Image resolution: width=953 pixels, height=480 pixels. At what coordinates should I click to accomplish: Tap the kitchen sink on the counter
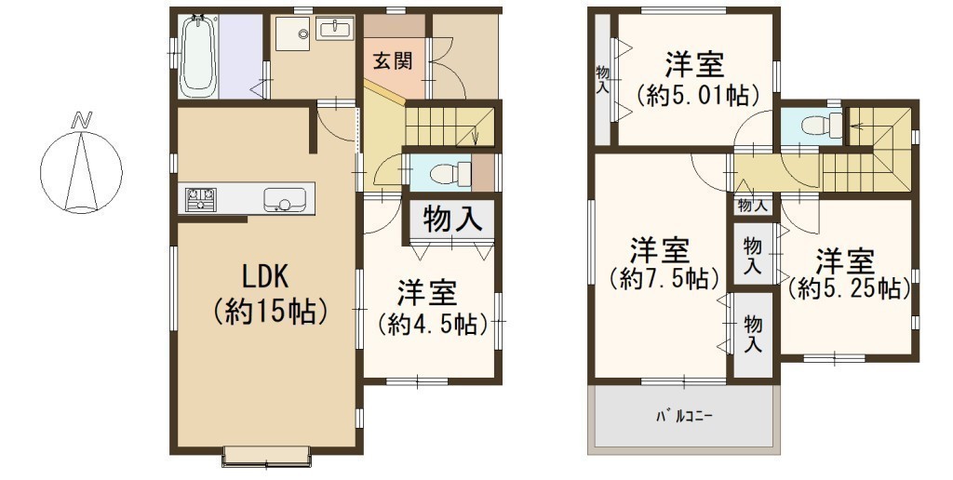click(x=285, y=199)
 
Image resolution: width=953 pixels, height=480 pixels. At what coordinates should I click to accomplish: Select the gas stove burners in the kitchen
click(x=201, y=199)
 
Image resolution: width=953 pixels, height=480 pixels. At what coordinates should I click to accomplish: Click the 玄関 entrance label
click(x=393, y=60)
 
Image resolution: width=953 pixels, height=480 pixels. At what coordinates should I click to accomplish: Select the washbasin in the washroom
click(x=334, y=29)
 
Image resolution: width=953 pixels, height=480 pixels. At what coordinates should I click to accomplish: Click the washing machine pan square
click(x=293, y=33)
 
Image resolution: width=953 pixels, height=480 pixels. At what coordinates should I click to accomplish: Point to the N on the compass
click(x=78, y=121)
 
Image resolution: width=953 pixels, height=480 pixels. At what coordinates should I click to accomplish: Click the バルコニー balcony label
click(x=684, y=417)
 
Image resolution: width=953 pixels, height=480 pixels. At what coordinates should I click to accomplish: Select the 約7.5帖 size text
click(x=664, y=279)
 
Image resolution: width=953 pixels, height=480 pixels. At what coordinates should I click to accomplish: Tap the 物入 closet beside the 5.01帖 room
click(x=602, y=80)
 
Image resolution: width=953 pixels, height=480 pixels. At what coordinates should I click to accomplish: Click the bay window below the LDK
click(x=267, y=457)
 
